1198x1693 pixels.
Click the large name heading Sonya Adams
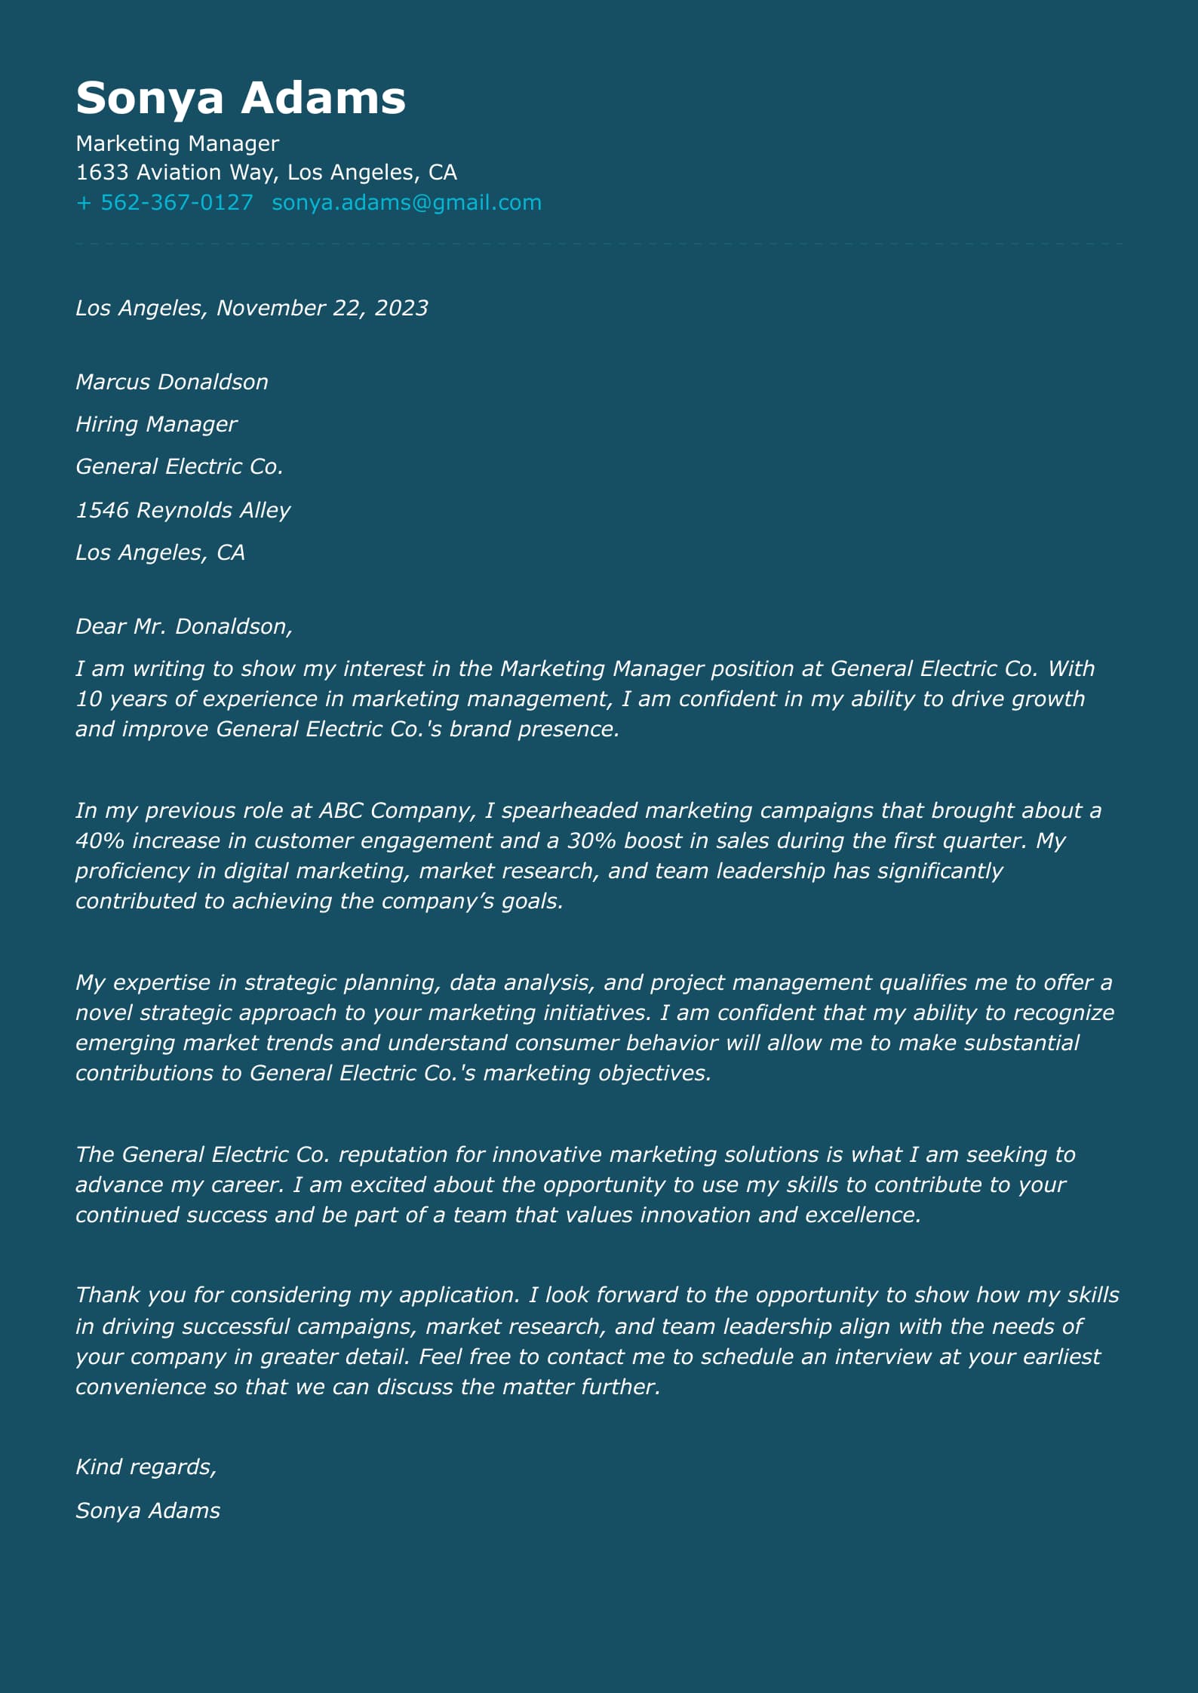click(241, 98)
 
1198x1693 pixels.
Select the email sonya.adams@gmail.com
click(406, 202)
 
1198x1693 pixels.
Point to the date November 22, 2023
click(322, 308)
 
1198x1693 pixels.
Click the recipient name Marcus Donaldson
click(171, 382)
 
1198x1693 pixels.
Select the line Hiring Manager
click(155, 424)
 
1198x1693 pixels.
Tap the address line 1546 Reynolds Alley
click(182, 510)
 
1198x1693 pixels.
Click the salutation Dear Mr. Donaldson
click(183, 626)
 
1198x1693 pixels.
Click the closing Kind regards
click(146, 1467)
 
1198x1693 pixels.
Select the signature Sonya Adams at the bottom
click(147, 1510)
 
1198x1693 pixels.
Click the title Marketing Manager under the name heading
click(177, 143)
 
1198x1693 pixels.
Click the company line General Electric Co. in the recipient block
click(179, 466)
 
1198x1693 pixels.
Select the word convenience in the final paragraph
click(140, 1387)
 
